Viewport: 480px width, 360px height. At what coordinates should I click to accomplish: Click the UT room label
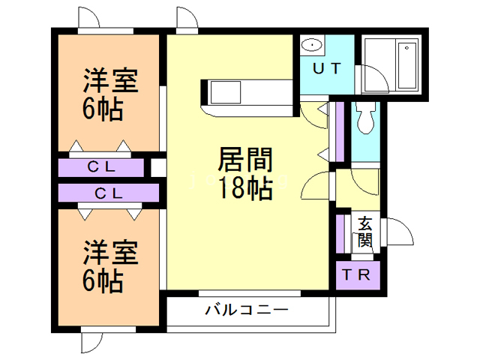point(327,68)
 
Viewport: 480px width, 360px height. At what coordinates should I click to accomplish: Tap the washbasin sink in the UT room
point(312,45)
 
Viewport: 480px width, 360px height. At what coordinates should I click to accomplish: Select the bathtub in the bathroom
point(407,65)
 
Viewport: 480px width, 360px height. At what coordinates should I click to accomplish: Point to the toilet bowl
point(365,118)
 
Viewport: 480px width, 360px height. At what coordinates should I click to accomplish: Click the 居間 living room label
point(245,159)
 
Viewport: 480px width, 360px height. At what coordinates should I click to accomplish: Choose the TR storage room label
point(356,275)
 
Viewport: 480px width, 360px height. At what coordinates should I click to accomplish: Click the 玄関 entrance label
point(365,232)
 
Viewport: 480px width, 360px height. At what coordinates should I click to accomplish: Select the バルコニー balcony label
point(247,310)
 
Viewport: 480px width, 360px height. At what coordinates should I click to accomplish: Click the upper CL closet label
point(101,167)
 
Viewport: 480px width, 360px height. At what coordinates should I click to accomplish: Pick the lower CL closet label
point(109,193)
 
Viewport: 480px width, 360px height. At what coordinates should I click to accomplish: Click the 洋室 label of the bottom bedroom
point(110,252)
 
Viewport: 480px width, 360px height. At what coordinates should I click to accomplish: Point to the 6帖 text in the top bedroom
point(103,109)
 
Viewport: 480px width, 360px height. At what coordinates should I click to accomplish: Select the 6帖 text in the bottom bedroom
point(103,281)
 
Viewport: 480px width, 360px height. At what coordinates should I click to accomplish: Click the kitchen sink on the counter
point(226,92)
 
